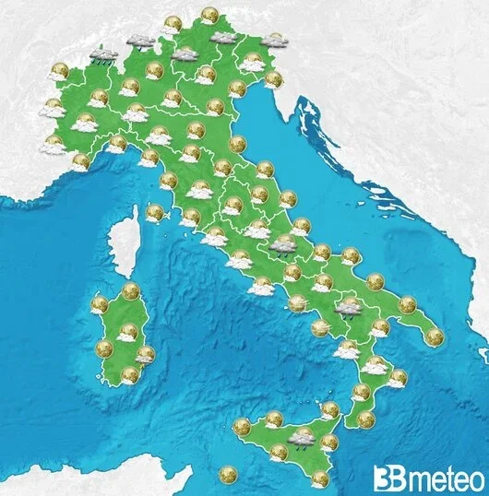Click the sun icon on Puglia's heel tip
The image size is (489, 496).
click(x=434, y=337)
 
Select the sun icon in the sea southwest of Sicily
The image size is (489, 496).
click(x=227, y=475)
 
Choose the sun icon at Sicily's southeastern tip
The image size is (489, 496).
click(x=319, y=478)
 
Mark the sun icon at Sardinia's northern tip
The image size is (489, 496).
click(x=130, y=291)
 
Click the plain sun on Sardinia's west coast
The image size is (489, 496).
click(x=103, y=348)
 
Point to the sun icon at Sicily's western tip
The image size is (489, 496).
click(x=242, y=426)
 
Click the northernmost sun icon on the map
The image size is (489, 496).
click(x=209, y=16)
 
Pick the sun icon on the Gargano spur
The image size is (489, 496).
click(x=350, y=255)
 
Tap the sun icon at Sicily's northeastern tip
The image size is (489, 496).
click(x=330, y=409)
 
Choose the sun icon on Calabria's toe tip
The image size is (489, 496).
click(x=366, y=419)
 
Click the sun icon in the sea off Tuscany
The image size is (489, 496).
click(x=155, y=212)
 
